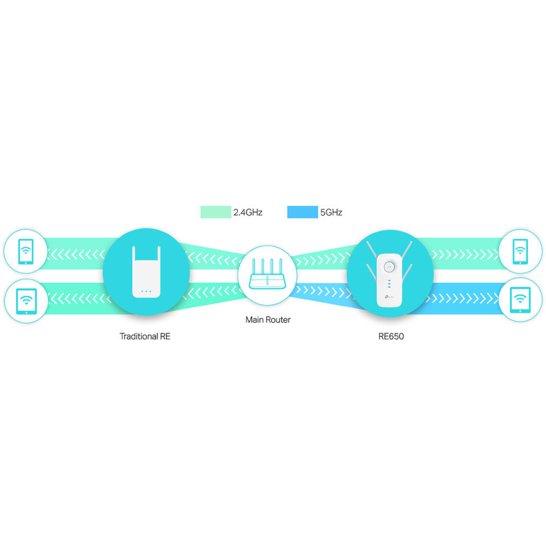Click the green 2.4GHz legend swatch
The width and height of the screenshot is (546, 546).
pos(216,212)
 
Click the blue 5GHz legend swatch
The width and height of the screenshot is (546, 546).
pos(302,212)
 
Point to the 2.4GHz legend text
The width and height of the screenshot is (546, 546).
pos(248,212)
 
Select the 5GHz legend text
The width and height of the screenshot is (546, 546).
pos(331,212)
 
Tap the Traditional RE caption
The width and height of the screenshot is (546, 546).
pos(145,336)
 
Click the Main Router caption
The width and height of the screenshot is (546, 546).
pos(268,319)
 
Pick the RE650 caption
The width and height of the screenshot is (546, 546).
pos(391,336)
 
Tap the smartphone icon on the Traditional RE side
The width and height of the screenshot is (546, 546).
pos(25,252)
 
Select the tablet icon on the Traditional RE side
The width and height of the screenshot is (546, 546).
pos(25,300)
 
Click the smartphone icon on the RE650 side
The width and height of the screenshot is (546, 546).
pos(520,252)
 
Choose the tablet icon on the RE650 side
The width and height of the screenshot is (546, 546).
pos(520,300)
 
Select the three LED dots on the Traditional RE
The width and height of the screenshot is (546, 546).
pos(146,291)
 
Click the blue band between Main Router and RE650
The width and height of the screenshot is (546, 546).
pos(322,295)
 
